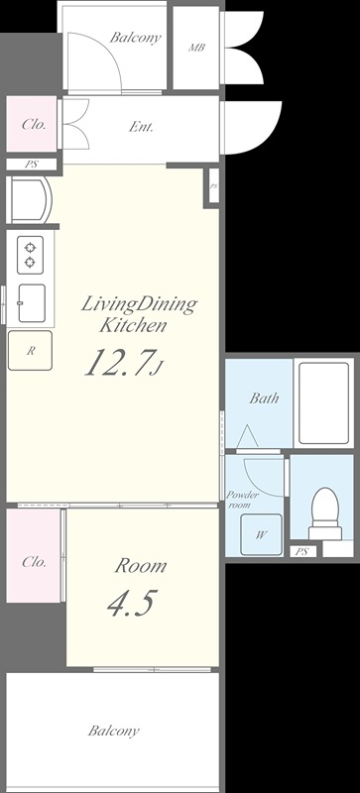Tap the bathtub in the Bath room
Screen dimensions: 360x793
click(x=323, y=403)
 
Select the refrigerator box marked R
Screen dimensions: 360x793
click(x=30, y=350)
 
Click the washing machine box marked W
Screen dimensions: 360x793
click(x=261, y=534)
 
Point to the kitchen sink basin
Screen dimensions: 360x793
click(x=32, y=303)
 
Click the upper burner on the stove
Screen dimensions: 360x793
click(x=30, y=247)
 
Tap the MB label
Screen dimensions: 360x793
click(x=196, y=48)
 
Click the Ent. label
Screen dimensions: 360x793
click(x=141, y=127)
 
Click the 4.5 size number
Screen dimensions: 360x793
click(x=130, y=602)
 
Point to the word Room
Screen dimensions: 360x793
click(x=140, y=565)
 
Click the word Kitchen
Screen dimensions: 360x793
click(x=133, y=325)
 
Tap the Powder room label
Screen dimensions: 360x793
click(x=242, y=499)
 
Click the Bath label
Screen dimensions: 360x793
click(x=264, y=398)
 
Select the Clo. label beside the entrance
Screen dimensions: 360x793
click(x=34, y=125)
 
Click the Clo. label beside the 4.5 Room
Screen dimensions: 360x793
click(x=34, y=561)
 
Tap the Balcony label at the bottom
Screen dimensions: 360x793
click(x=113, y=732)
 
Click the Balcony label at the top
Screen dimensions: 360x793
click(x=135, y=38)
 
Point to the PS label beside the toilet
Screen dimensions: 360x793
click(x=301, y=551)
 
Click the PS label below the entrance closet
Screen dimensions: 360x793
click(x=31, y=165)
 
